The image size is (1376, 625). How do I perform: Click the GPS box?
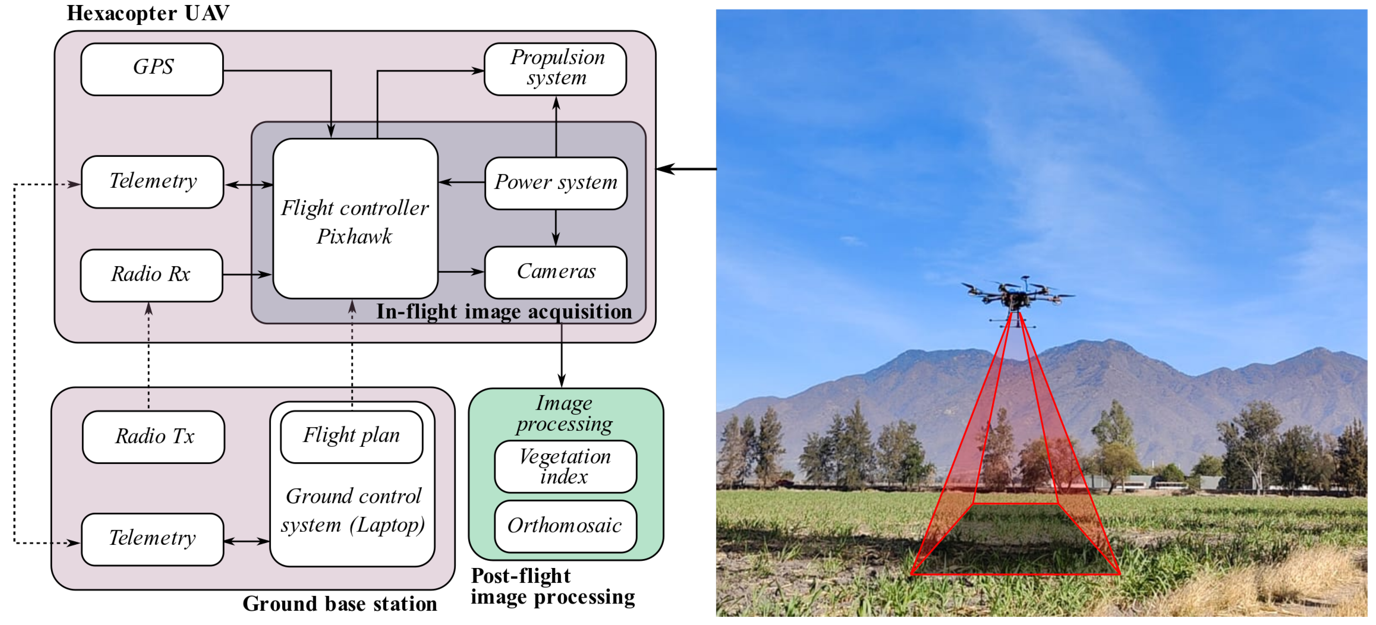click(x=152, y=69)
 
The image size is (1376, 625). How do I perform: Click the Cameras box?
click(x=556, y=272)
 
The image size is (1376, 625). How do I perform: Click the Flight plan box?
click(x=352, y=437)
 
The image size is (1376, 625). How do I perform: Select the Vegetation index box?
click(x=565, y=466)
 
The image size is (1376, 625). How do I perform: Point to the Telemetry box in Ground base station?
click(x=152, y=539)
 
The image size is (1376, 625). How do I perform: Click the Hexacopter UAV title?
click(x=148, y=13)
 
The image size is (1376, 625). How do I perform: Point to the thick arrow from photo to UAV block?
click(x=686, y=169)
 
